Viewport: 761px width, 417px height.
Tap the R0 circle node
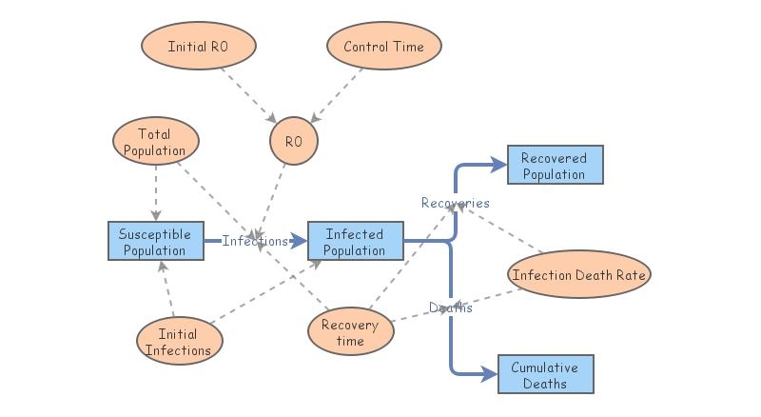pyautogui.click(x=293, y=141)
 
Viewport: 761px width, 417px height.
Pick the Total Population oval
pyautogui.click(x=155, y=143)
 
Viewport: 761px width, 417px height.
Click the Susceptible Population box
pyautogui.click(x=155, y=243)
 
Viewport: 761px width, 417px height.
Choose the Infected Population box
pyautogui.click(x=355, y=243)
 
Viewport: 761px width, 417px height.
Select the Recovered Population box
pyautogui.click(x=554, y=166)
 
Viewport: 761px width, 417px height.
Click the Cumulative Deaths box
pyautogui.click(x=544, y=375)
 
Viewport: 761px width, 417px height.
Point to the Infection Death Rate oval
pyautogui.click(x=578, y=276)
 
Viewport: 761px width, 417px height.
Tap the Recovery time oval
pyautogui.click(x=350, y=332)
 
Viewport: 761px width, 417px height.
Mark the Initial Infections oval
pyautogui.click(x=179, y=342)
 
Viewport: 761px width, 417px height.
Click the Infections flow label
pyautogui.click(x=254, y=242)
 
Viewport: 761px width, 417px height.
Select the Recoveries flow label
pyautogui.click(x=456, y=203)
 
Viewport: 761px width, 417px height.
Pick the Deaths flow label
pyautogui.click(x=450, y=308)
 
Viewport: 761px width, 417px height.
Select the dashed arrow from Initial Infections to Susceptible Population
pyautogui.click(x=167, y=288)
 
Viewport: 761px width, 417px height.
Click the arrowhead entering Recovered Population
pyautogui.click(x=498, y=165)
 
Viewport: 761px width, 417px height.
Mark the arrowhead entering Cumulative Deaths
pyautogui.click(x=489, y=374)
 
